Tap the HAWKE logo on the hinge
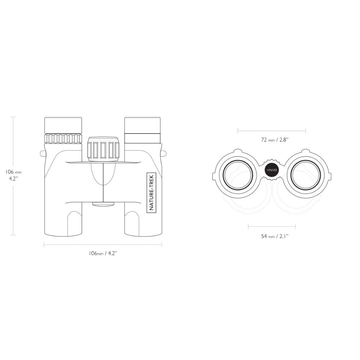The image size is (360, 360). [272, 170]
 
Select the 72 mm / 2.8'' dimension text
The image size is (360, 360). [275, 140]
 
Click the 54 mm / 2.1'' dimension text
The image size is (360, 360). [275, 236]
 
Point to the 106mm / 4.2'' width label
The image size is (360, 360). [103, 253]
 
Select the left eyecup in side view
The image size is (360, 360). [63, 125]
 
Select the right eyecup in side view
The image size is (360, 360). [142, 125]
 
